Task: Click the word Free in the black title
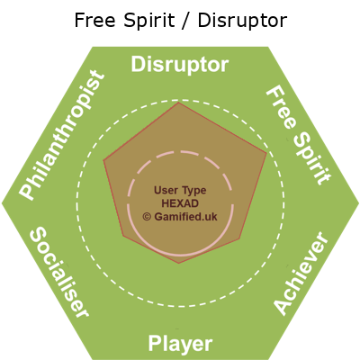(x=94, y=20)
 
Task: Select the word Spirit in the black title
(x=148, y=22)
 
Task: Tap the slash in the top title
(x=186, y=21)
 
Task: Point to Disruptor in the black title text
(x=242, y=22)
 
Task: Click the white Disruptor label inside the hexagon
(x=180, y=65)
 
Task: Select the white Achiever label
(x=301, y=274)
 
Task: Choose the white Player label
(x=180, y=344)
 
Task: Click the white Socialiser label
(x=59, y=272)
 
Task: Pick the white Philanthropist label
(x=62, y=135)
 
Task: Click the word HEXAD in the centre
(x=180, y=203)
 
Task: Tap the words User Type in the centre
(x=180, y=190)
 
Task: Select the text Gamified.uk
(x=185, y=216)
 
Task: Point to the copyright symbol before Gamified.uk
(x=147, y=217)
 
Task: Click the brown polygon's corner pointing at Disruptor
(x=178, y=103)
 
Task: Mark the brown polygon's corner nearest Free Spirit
(x=266, y=153)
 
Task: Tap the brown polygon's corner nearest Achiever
(x=240, y=239)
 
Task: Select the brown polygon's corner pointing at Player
(x=178, y=264)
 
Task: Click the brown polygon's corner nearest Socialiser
(x=123, y=236)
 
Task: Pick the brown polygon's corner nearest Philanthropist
(x=103, y=161)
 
